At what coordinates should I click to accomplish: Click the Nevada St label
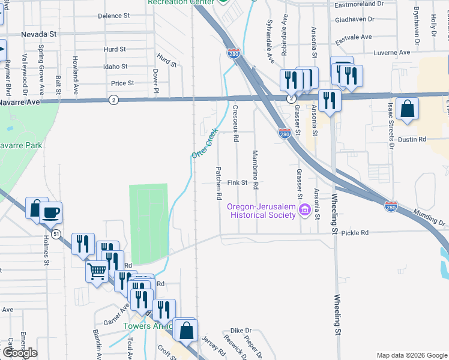38,35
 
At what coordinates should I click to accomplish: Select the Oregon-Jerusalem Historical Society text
262,211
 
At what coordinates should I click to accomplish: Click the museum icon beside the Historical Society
304,210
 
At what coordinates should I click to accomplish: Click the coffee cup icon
51,212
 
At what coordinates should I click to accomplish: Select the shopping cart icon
97,271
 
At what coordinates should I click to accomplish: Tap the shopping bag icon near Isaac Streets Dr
407,109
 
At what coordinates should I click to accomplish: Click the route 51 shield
56,233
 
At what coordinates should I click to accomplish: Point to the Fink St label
238,182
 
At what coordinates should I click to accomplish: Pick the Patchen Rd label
219,183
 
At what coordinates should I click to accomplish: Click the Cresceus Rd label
236,124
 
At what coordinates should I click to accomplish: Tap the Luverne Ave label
391,53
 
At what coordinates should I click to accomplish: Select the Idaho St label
115,67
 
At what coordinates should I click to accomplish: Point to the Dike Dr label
240,331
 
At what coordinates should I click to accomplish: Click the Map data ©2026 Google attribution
411,355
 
